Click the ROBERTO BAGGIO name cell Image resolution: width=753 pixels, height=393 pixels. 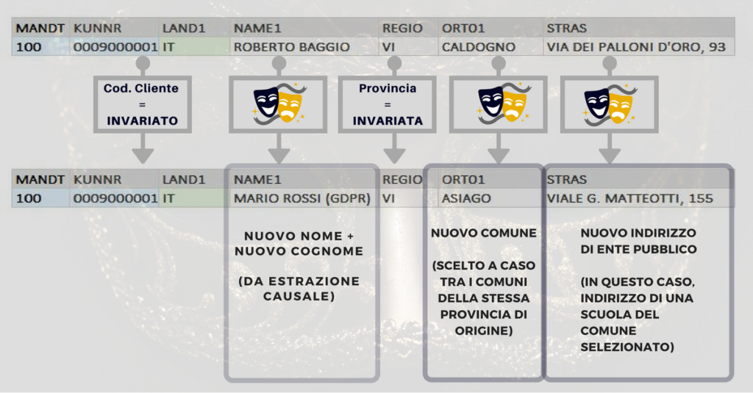[291, 47]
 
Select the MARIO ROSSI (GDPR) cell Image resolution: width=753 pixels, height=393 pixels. [302, 198]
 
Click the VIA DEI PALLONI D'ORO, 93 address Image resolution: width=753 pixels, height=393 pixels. [636, 47]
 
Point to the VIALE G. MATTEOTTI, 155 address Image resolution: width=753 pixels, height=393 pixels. [629, 198]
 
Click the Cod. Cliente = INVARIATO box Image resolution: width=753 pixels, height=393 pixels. [143, 104]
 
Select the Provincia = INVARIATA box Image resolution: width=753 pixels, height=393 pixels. [388, 104]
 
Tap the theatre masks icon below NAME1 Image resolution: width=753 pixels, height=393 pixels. [279, 104]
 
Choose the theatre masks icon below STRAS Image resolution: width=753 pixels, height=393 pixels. [610, 104]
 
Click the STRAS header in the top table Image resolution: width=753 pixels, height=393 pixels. [567, 29]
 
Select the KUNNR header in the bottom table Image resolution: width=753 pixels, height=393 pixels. [97, 179]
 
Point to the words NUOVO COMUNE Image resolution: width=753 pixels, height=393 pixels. [484, 233]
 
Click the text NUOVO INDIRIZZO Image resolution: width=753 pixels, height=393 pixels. [638, 233]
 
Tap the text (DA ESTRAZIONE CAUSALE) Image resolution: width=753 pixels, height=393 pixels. [299, 289]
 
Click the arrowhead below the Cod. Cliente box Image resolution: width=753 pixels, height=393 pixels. [143, 156]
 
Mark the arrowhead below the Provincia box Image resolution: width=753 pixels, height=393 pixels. [394, 156]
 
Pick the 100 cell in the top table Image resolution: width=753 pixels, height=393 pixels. [29, 47]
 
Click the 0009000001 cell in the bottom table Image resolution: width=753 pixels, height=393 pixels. [115, 198]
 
